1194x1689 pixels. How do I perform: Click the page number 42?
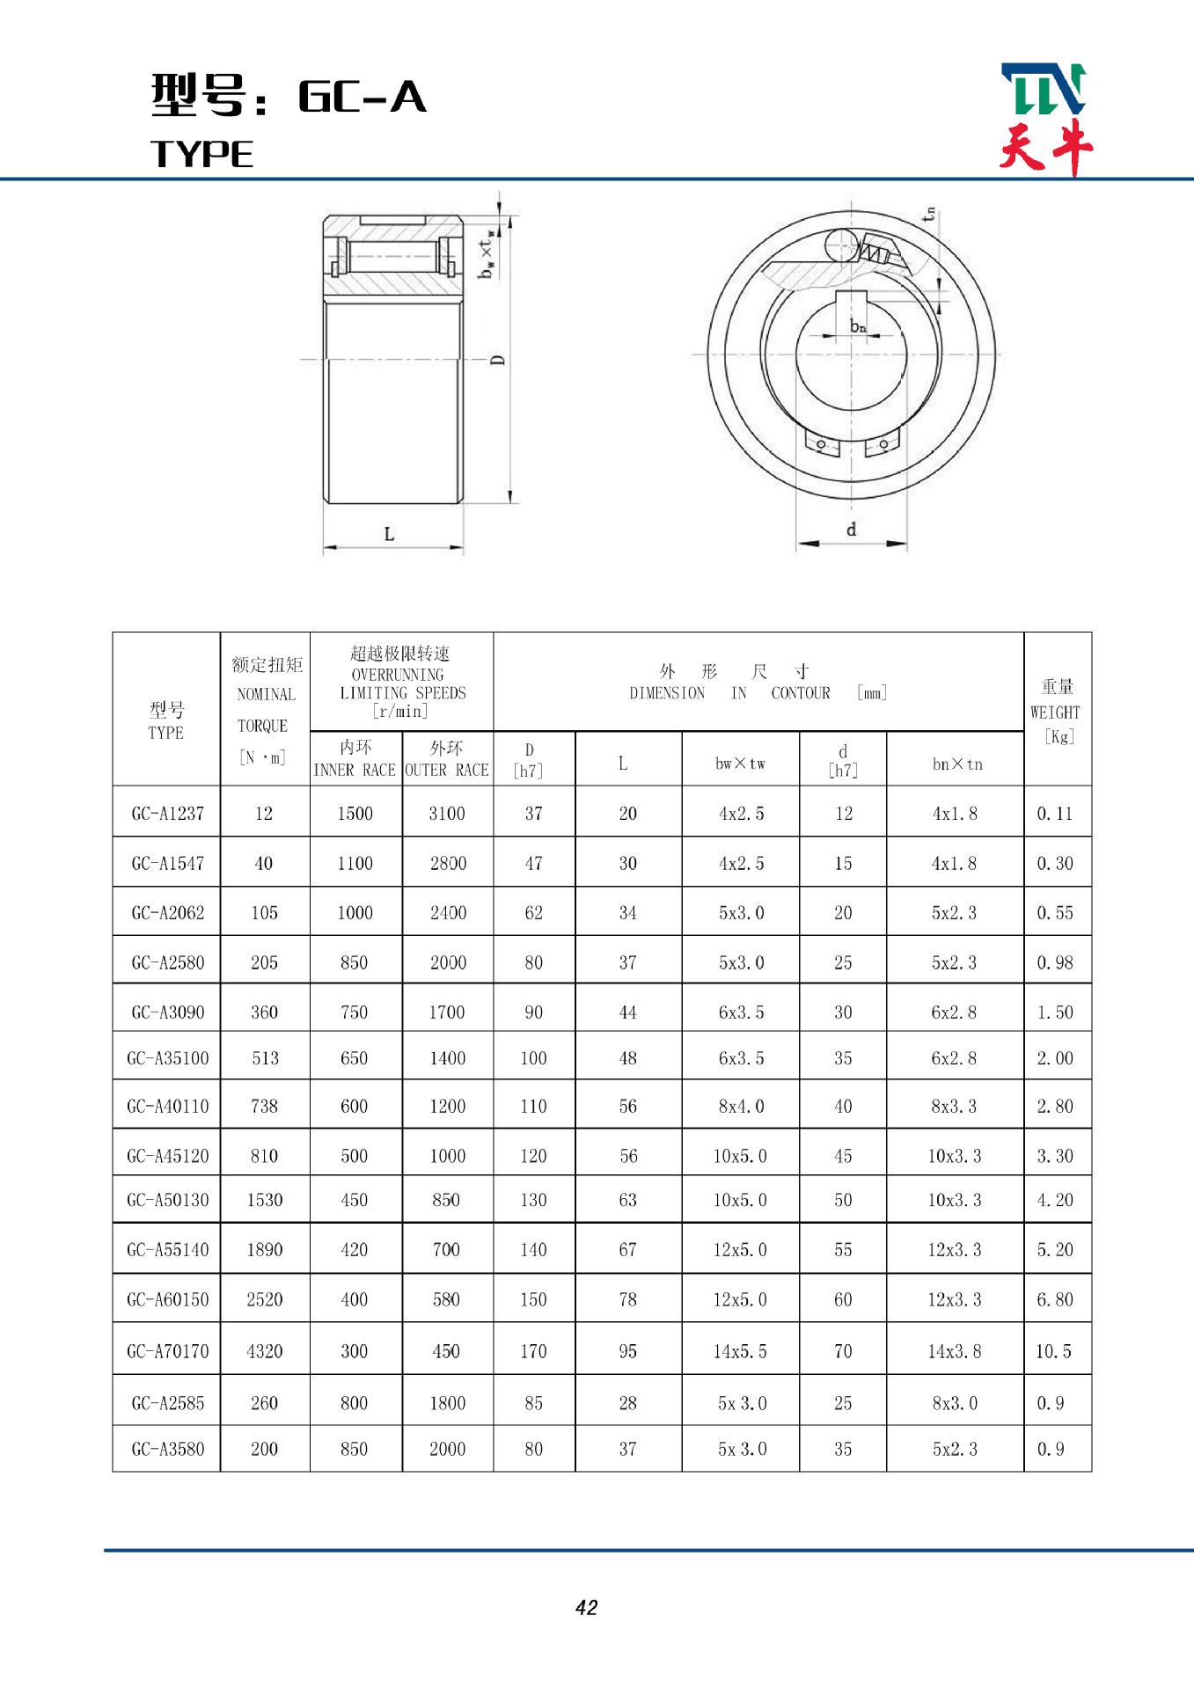click(586, 1607)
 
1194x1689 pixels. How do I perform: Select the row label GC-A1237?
click(167, 814)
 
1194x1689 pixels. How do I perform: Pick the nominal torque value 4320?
click(264, 1351)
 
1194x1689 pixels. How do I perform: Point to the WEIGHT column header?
click(1056, 711)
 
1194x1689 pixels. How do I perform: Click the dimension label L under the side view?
click(389, 534)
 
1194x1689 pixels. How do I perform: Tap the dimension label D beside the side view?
click(498, 359)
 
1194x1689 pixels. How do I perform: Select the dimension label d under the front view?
click(851, 530)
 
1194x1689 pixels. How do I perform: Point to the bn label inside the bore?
click(858, 327)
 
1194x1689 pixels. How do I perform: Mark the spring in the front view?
click(878, 252)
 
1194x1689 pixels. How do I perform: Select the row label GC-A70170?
click(167, 1351)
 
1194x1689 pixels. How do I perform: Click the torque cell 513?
click(265, 1058)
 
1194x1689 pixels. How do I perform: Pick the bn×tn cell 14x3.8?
click(955, 1351)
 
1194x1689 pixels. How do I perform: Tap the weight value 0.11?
click(1054, 814)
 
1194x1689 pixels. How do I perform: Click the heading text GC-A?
click(363, 97)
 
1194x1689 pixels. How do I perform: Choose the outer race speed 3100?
click(447, 814)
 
